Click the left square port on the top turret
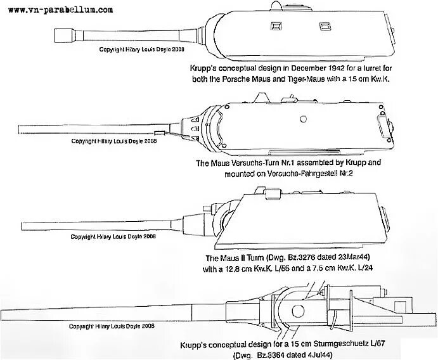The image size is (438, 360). (x=276, y=27)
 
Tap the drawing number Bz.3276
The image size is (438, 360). (x=307, y=258)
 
